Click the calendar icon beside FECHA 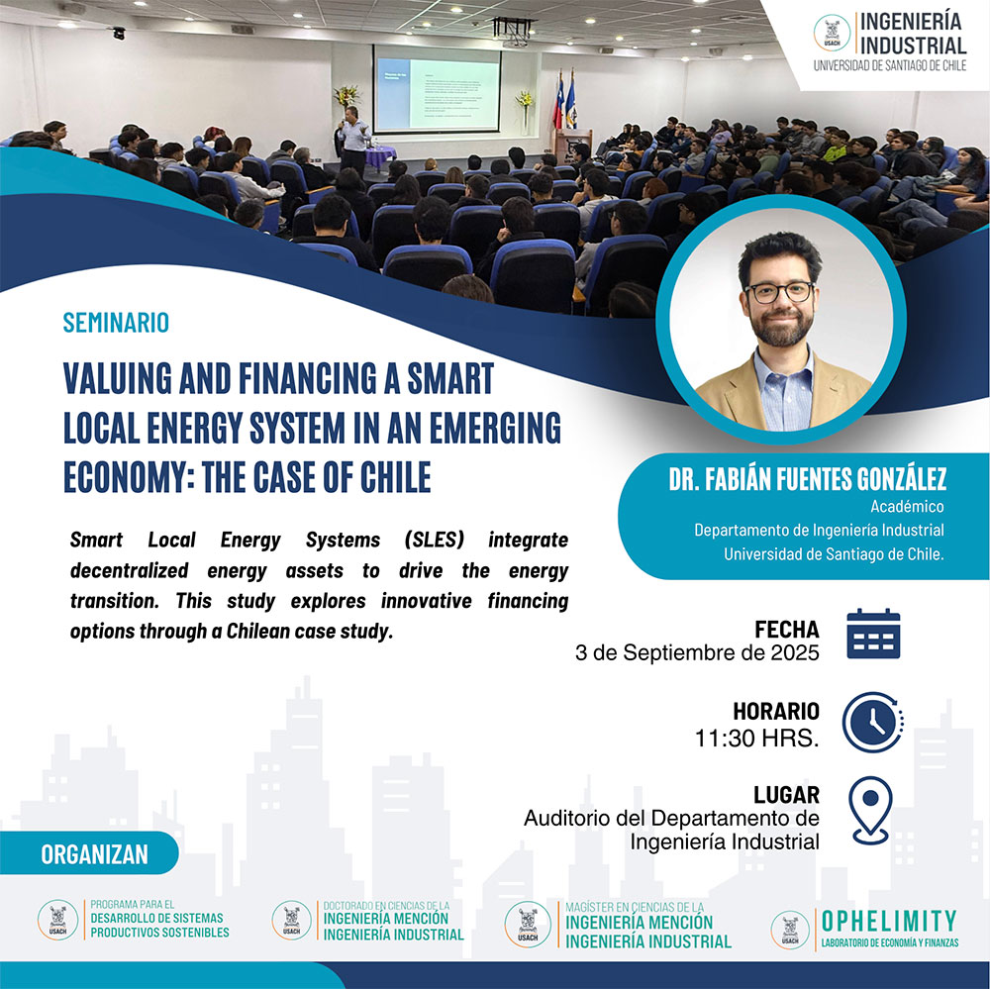[x=873, y=635]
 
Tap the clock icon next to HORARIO [x=873, y=721]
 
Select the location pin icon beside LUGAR [x=871, y=808]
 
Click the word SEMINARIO [x=116, y=323]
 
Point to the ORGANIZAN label [x=94, y=854]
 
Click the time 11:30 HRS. [x=756, y=739]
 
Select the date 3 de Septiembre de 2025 [x=697, y=653]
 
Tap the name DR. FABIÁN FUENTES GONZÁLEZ [x=807, y=480]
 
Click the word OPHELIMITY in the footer [x=889, y=920]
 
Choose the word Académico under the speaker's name [x=907, y=506]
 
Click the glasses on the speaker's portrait [x=779, y=292]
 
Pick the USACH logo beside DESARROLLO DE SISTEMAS [x=57, y=919]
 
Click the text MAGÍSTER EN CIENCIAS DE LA [x=636, y=906]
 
